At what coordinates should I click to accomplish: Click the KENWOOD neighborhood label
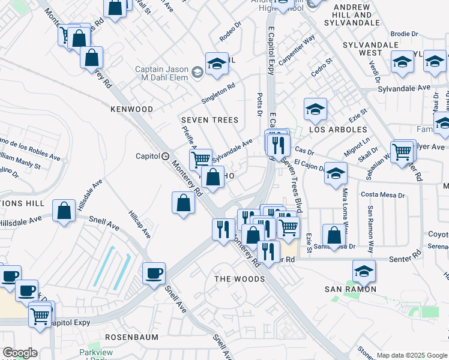[x=131, y=109]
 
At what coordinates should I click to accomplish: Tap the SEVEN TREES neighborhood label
[x=210, y=120]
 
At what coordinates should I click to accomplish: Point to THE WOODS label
[x=240, y=279]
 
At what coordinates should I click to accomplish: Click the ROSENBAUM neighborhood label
[x=131, y=338]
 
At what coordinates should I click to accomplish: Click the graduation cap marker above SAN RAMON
[x=364, y=271]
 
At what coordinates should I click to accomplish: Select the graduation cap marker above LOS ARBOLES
[x=315, y=109]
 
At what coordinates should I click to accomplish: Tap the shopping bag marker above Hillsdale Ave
[x=64, y=211]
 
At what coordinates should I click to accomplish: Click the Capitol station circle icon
[x=165, y=156]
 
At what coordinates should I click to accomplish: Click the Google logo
[x=20, y=353]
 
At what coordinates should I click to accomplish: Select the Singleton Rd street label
[x=218, y=93]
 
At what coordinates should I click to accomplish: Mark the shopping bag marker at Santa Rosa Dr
[x=334, y=235]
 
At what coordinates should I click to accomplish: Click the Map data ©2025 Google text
[x=411, y=355]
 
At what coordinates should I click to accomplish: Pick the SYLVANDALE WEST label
[x=370, y=49]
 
